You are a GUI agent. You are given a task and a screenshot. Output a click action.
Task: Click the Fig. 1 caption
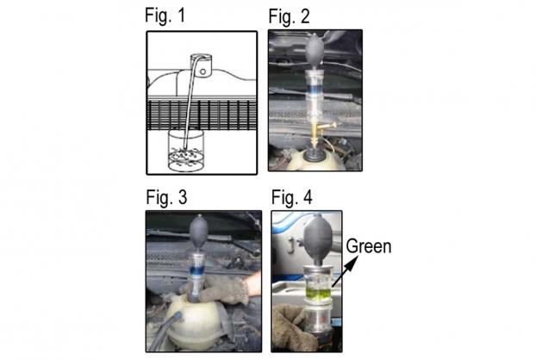pyautogui.click(x=165, y=16)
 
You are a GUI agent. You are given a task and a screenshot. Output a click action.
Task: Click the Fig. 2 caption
pyautogui.click(x=290, y=16)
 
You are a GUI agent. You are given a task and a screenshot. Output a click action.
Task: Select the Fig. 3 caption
pyautogui.click(x=166, y=197)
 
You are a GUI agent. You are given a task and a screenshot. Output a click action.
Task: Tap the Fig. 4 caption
pyautogui.click(x=292, y=198)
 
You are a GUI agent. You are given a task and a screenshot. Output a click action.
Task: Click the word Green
pyautogui.click(x=369, y=246)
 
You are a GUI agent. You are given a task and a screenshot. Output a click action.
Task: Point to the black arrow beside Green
pyautogui.click(x=345, y=271)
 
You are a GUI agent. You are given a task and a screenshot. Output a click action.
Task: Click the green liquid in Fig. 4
pyautogui.click(x=318, y=294)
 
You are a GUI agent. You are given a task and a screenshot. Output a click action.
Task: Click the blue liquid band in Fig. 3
pyautogui.click(x=198, y=270)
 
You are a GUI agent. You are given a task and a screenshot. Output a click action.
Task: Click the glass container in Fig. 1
pyautogui.click(x=186, y=151)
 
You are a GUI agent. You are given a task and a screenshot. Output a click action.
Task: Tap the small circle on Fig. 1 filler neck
pyautogui.click(x=203, y=71)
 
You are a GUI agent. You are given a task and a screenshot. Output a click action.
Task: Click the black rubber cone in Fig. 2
pyautogui.click(x=315, y=154)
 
